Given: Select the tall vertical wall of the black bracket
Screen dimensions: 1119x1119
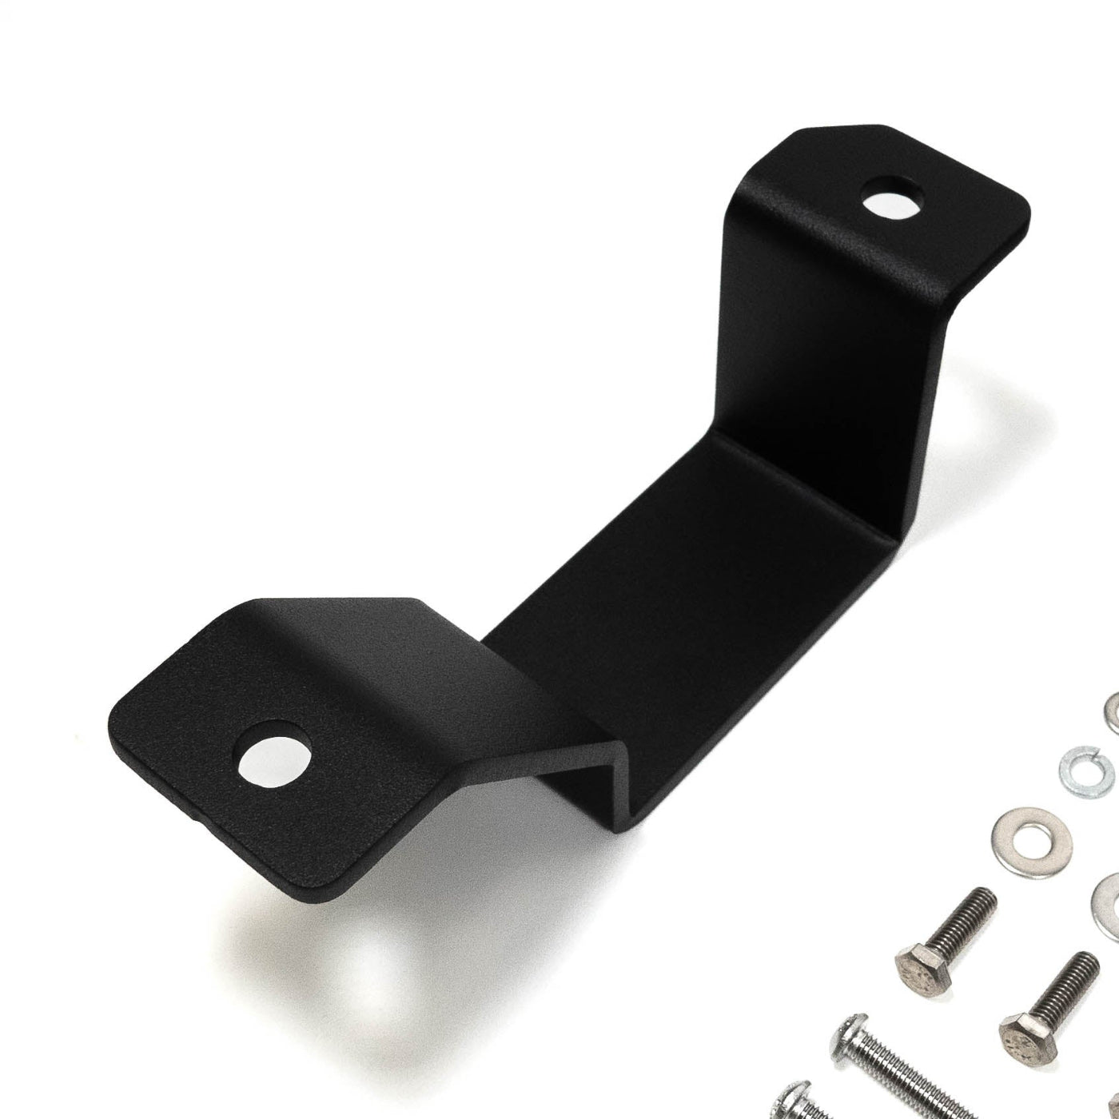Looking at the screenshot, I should pyautogui.click(x=831, y=336).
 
